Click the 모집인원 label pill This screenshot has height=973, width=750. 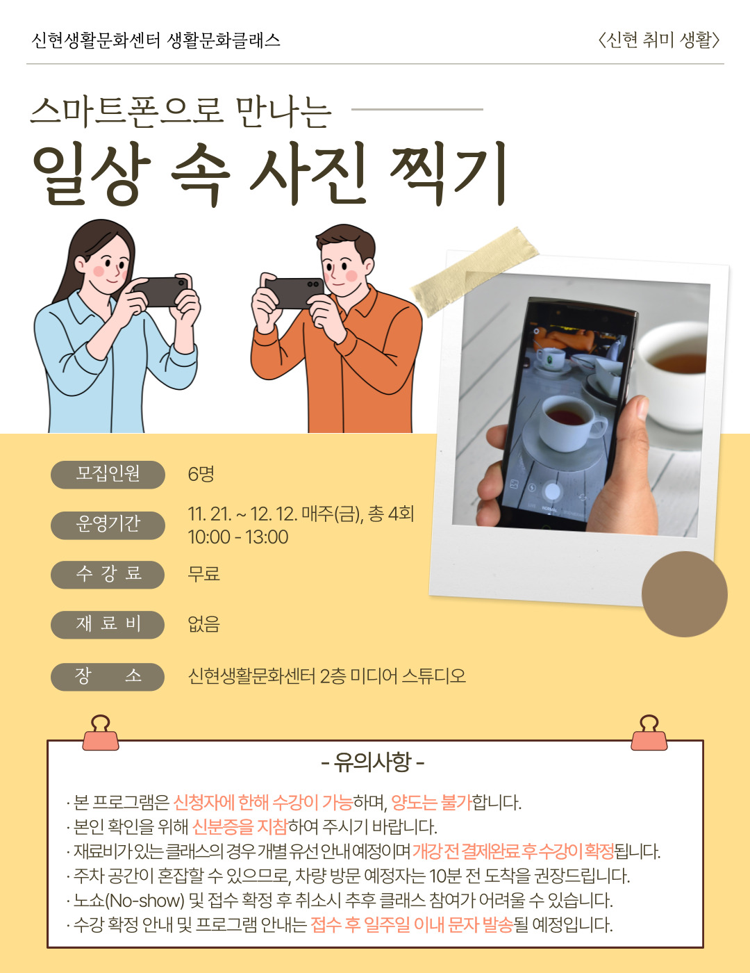(108, 475)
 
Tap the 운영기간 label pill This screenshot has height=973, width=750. (108, 525)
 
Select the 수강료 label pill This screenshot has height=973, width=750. (108, 575)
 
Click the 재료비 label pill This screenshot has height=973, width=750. (108, 625)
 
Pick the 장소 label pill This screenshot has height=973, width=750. (108, 677)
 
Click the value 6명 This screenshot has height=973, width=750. (201, 474)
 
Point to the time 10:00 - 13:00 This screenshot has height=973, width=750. (238, 537)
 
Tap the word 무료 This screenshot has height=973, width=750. (204, 573)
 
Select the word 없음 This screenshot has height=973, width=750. (204, 623)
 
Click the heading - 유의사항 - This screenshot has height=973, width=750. (372, 762)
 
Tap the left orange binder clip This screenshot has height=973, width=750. (101, 733)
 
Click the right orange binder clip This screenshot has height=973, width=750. (649, 733)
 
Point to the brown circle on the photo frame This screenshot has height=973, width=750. (684, 594)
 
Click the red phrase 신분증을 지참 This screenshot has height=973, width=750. (240, 826)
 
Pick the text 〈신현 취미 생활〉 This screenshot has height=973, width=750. (659, 40)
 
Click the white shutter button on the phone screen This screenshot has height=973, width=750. (553, 491)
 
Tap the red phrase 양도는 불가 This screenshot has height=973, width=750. (431, 803)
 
